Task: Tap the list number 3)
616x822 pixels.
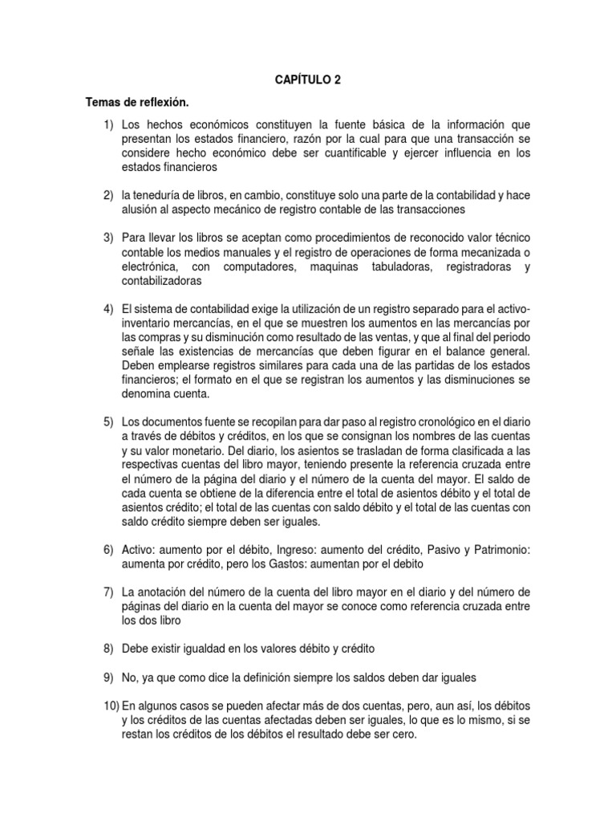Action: [x=108, y=238]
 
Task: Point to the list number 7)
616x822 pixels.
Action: [x=108, y=592]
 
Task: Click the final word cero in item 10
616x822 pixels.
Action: [x=403, y=734]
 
